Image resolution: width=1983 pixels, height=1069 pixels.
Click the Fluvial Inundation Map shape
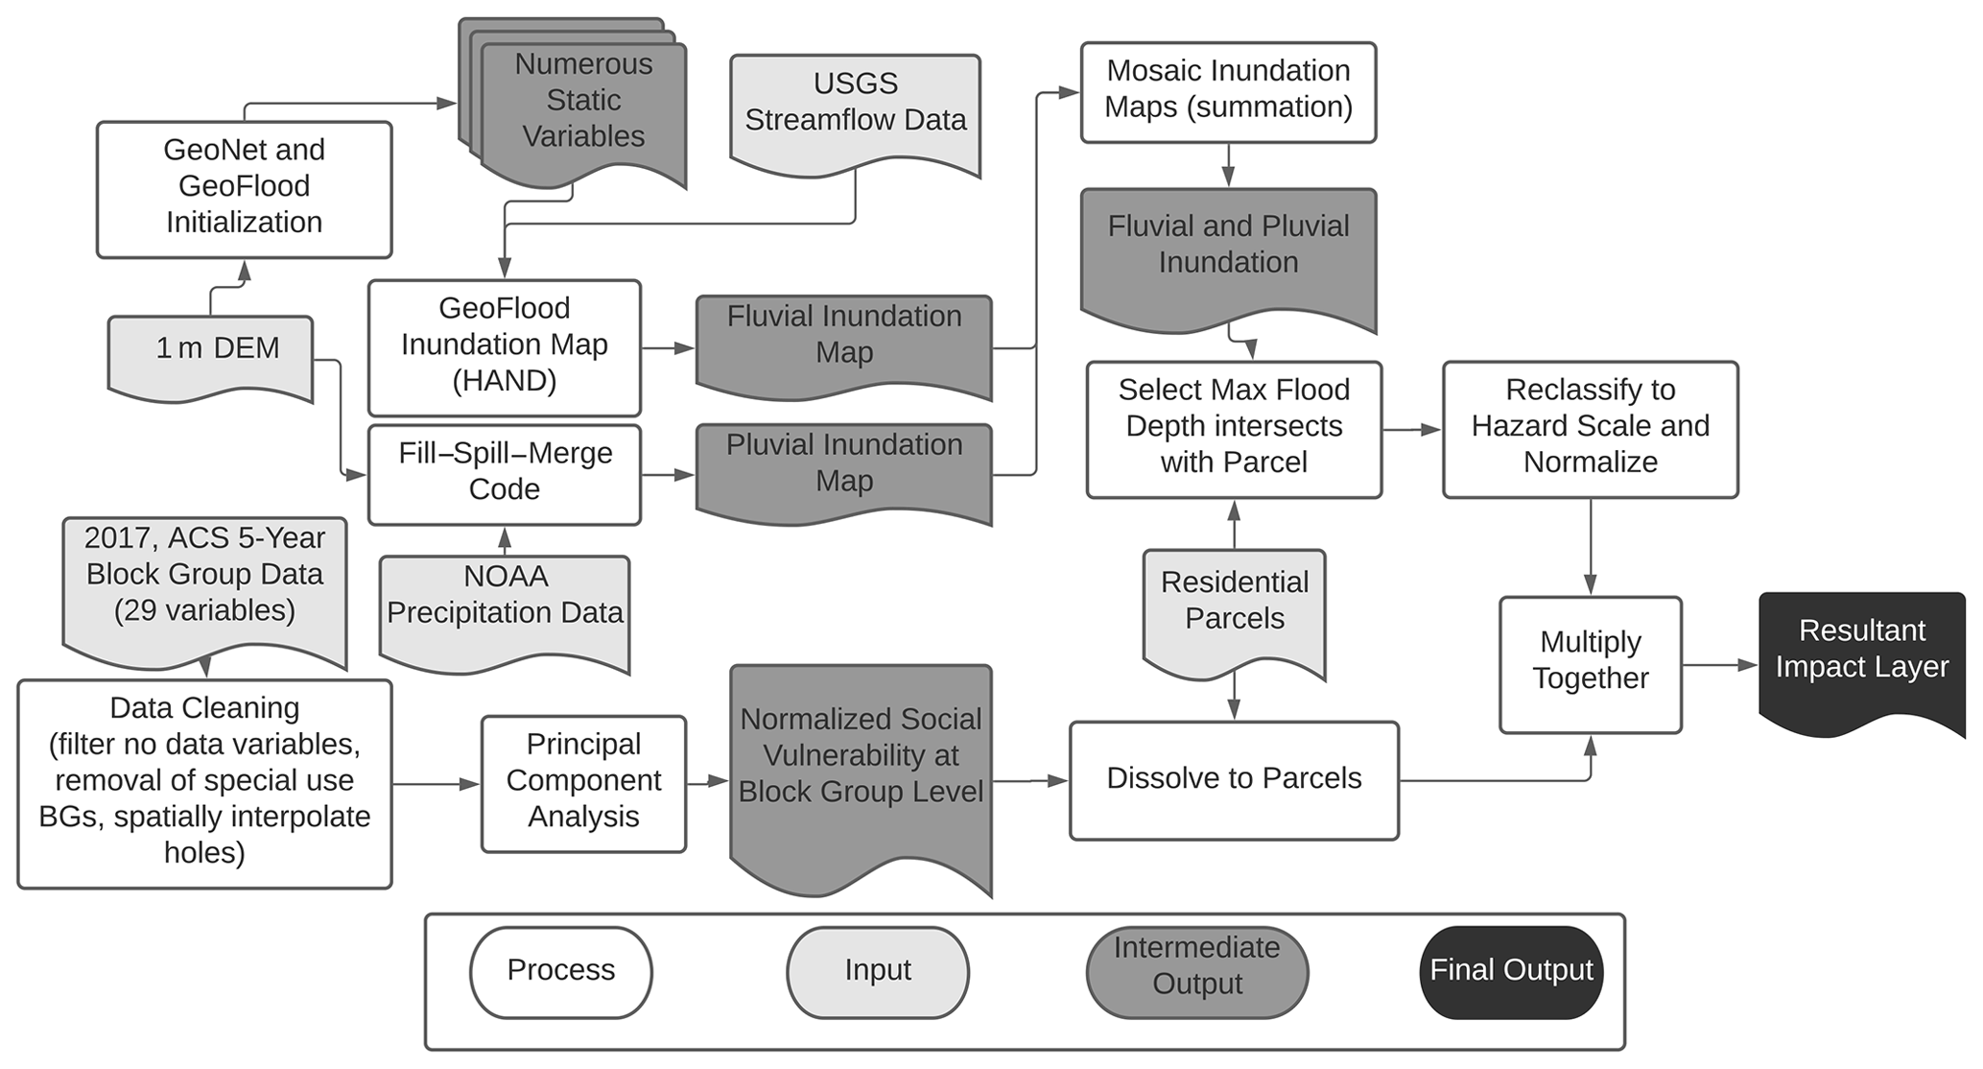[843, 341]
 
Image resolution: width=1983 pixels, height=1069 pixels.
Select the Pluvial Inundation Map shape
[843, 469]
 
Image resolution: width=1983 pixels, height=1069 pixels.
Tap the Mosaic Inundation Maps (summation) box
[1228, 92]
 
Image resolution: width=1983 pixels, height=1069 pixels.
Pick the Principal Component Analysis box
[583, 783]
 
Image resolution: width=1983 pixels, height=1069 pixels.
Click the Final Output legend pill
[1511, 972]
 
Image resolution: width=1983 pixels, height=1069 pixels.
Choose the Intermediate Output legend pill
[1197, 972]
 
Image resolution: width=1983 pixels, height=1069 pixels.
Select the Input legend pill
[878, 972]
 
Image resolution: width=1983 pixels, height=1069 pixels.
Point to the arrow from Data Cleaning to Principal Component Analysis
[437, 784]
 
